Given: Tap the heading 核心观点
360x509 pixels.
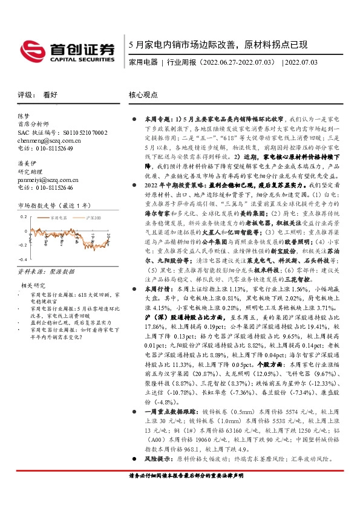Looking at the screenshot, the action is (144, 95).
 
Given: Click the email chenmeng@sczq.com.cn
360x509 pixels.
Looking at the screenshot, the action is (48, 140).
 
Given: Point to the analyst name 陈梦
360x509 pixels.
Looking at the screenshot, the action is (24, 115).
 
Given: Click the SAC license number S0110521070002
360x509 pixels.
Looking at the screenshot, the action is (85, 131).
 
